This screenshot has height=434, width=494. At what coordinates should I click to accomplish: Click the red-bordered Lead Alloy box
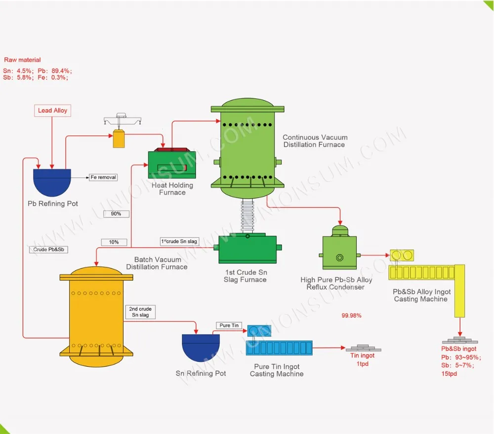tap(52, 110)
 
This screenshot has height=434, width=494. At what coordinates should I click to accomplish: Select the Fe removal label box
tap(103, 177)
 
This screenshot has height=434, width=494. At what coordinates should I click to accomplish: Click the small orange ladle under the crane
tap(119, 138)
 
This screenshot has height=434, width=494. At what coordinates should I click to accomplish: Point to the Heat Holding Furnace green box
tap(172, 165)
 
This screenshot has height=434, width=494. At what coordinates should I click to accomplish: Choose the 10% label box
tap(114, 242)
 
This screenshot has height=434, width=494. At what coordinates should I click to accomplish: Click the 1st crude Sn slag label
tap(179, 241)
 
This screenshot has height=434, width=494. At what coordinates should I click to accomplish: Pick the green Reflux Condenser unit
tap(339, 252)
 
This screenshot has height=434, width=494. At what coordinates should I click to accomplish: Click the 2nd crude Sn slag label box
tap(140, 312)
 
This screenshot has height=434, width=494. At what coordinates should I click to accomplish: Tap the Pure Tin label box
tap(229, 325)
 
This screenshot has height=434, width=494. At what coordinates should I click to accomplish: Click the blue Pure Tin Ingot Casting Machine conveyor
tap(279, 348)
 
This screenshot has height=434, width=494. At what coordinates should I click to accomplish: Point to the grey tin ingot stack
tap(363, 348)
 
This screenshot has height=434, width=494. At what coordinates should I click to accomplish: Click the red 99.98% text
tap(351, 315)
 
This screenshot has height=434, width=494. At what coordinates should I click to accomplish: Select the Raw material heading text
tap(23, 60)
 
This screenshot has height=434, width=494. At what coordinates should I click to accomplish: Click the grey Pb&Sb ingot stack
tap(459, 341)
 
